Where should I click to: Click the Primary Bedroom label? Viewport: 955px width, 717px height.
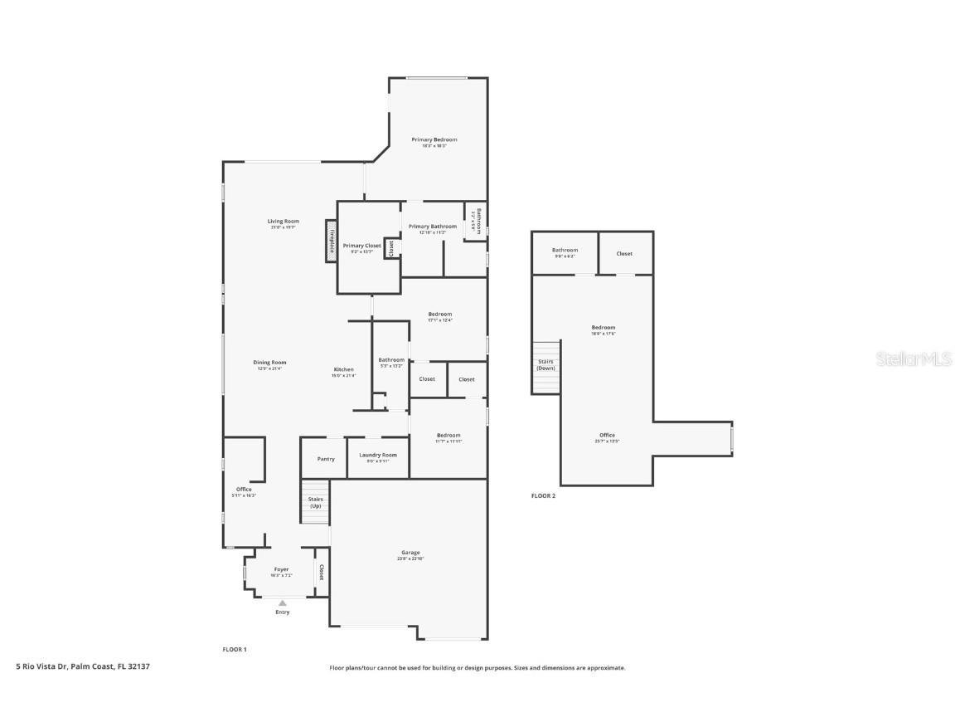click(434, 140)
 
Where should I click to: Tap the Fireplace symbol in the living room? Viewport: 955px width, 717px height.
click(331, 241)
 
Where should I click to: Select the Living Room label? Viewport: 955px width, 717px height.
click(283, 222)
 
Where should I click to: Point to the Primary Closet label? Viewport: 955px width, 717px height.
click(361, 246)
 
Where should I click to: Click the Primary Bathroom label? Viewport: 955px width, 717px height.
click(432, 227)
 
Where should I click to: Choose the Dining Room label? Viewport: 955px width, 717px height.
click(269, 363)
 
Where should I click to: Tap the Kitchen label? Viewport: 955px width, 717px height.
click(343, 370)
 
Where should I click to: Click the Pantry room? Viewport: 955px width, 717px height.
click(325, 459)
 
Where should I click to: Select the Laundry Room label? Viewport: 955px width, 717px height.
click(377, 456)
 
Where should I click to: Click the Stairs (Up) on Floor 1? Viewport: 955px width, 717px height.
click(315, 503)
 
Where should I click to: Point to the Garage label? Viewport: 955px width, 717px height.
click(410, 553)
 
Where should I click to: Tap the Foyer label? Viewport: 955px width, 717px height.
click(281, 570)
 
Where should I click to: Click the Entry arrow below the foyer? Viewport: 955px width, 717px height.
click(282, 603)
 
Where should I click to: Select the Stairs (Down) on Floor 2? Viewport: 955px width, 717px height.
click(545, 365)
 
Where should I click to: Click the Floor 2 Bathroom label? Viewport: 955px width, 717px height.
click(565, 251)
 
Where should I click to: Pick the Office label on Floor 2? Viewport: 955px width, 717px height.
click(607, 436)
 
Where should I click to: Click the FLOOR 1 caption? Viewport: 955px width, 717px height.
click(235, 649)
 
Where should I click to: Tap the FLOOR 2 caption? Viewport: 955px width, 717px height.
click(543, 496)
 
